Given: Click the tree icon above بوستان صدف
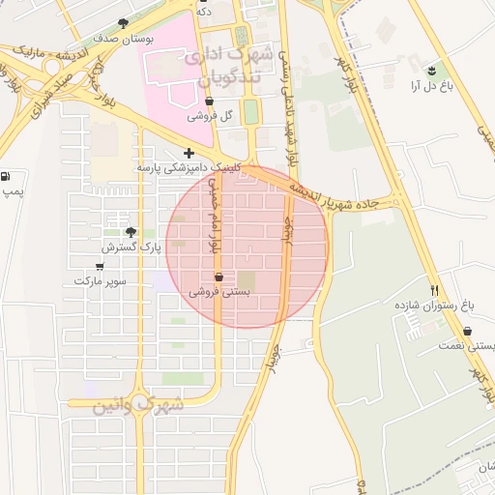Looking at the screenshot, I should pyautogui.click(x=122, y=23).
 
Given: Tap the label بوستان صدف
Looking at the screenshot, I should pyautogui.click(x=120, y=40).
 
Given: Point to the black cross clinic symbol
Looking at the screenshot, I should pyautogui.click(x=189, y=152).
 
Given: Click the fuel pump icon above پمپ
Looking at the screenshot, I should pyautogui.click(x=7, y=177).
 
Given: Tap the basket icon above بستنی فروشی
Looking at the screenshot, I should pyautogui.click(x=219, y=277).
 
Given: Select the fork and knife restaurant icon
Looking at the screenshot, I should pyautogui.click(x=435, y=289).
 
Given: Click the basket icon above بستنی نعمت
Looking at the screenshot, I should pyautogui.click(x=469, y=331).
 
